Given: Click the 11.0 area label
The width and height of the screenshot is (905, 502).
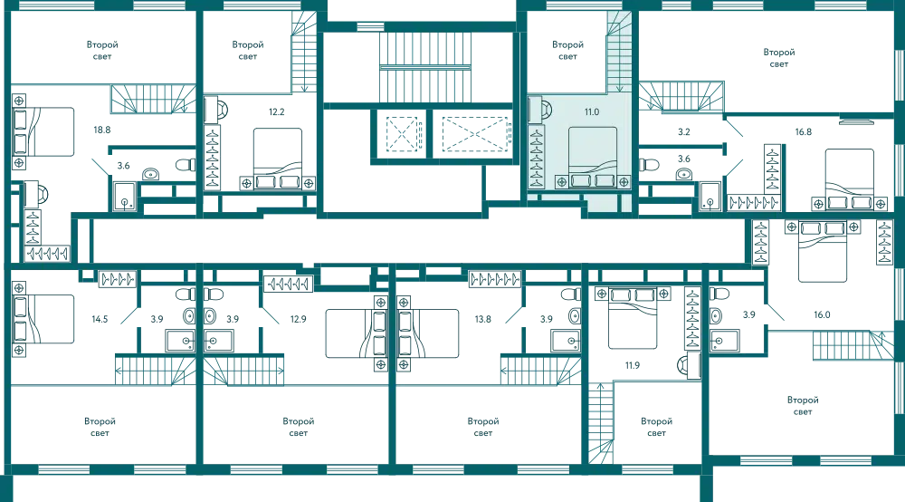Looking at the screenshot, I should click(591, 111).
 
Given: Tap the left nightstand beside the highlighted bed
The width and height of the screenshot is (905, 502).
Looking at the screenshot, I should click(563, 181).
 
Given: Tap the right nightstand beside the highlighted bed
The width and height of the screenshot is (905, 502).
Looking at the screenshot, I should click(625, 181).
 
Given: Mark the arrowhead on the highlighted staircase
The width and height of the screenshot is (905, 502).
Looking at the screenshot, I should click(619, 88).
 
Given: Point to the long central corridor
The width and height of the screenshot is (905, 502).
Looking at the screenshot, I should click(416, 242).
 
